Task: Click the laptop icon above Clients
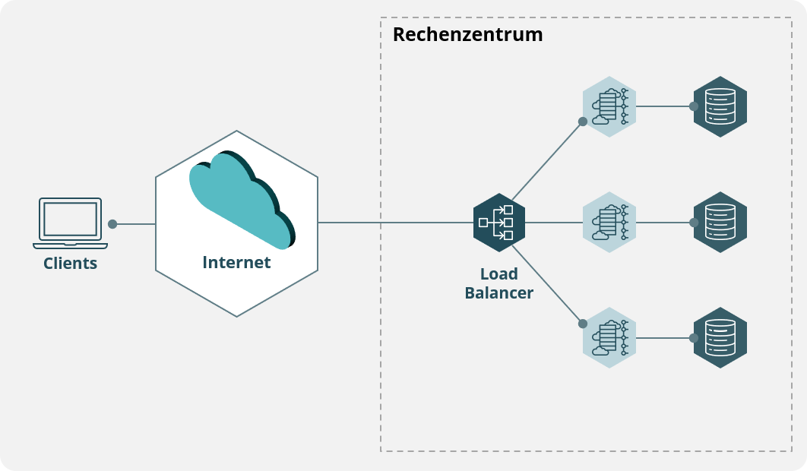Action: [x=70, y=223]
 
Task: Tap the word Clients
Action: [x=70, y=264]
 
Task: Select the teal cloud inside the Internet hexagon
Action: [x=240, y=200]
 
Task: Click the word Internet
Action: [x=236, y=263]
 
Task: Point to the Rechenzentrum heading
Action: [x=467, y=34]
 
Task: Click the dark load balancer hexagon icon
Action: [x=499, y=223]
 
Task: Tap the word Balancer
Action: [x=498, y=293]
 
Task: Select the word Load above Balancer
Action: [x=499, y=273]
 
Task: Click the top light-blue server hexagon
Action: [x=609, y=106]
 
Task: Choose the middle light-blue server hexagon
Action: [x=609, y=223]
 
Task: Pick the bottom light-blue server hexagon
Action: [x=609, y=338]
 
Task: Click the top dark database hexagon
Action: [x=720, y=106]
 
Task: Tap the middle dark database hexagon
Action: [x=720, y=223]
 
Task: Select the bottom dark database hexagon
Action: [x=720, y=338]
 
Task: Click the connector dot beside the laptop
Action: [x=112, y=224]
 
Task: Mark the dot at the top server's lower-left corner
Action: [x=583, y=122]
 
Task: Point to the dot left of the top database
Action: [x=694, y=106]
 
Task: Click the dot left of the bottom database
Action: [x=694, y=338]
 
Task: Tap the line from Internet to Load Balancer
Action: [x=395, y=223]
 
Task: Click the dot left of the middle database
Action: [x=694, y=223]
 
